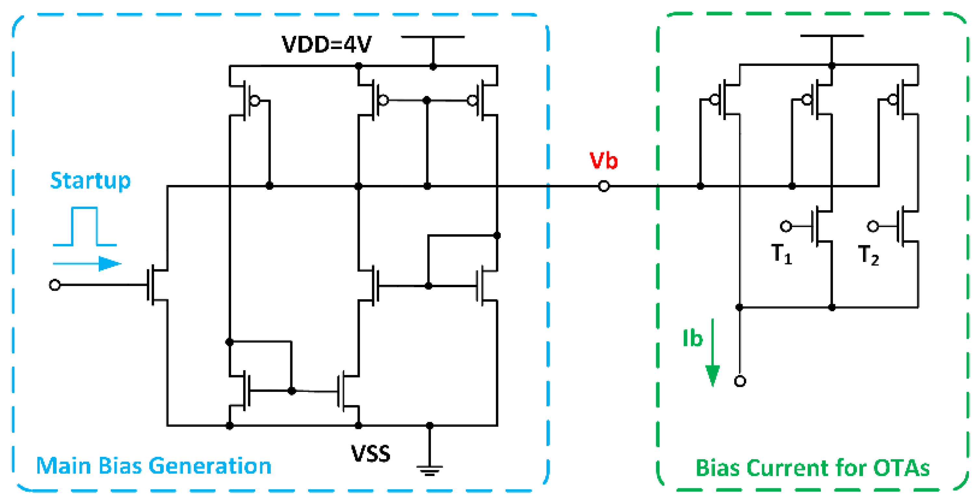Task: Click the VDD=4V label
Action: (327, 45)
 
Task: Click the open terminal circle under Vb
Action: (604, 186)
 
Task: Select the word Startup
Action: (90, 181)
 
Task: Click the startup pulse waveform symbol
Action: (85, 226)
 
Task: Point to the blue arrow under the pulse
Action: (87, 263)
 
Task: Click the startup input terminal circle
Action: (55, 285)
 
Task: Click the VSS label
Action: (370, 454)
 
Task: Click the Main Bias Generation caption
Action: (154, 466)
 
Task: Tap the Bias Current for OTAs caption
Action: (812, 468)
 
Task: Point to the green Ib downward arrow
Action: (713, 353)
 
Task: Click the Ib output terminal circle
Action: (740, 381)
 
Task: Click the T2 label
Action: (868, 255)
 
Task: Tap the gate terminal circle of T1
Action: (785, 226)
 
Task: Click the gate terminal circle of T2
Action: (873, 226)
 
